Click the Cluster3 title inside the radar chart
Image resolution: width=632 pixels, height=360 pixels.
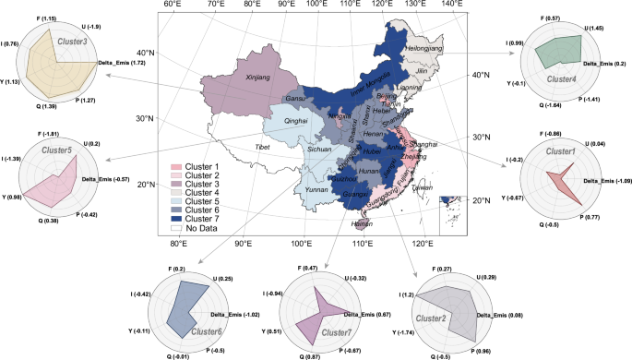[x=72, y=42]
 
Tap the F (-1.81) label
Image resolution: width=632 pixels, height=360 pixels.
[x=52, y=134]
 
